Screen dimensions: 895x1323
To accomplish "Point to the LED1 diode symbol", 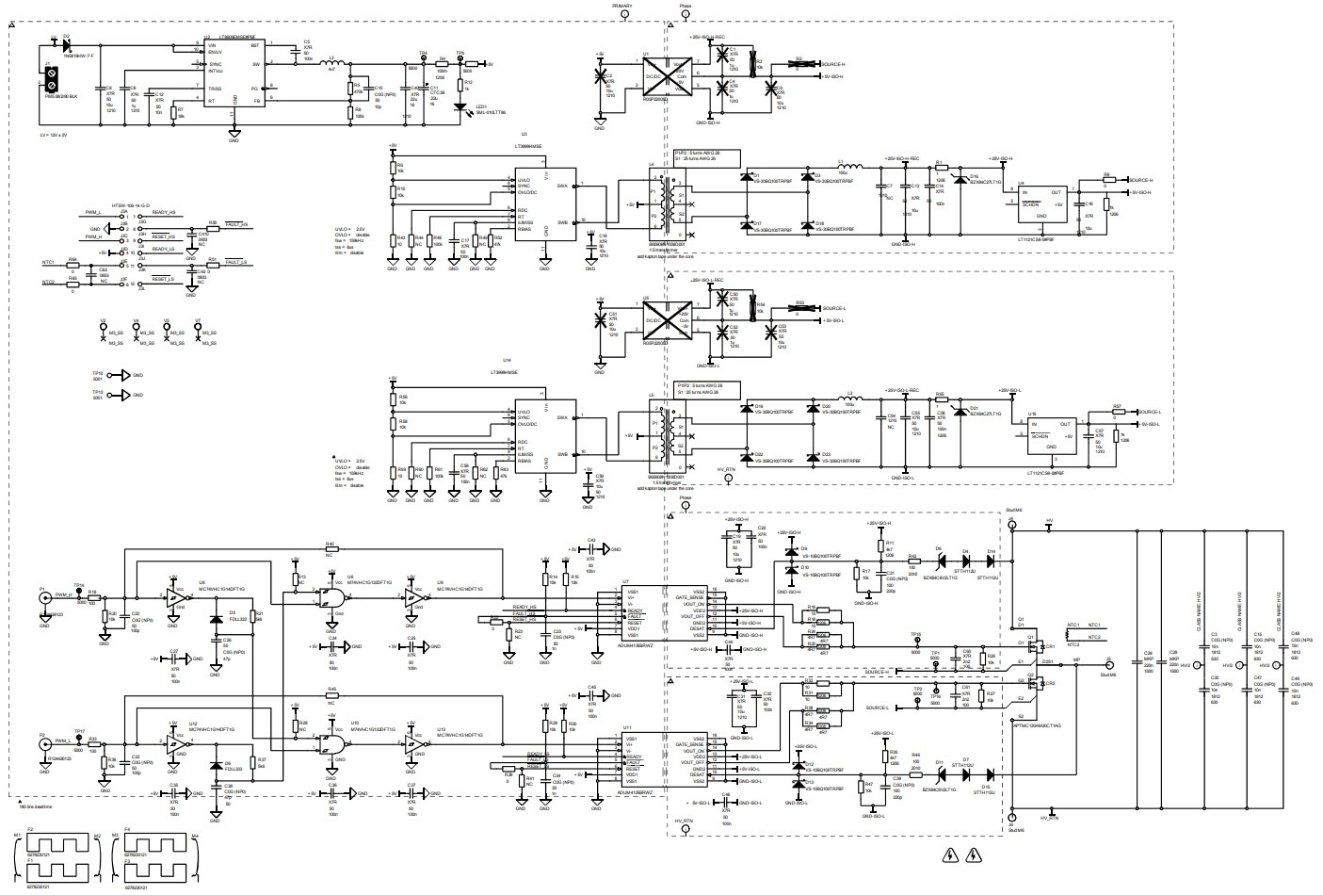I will click(x=460, y=106).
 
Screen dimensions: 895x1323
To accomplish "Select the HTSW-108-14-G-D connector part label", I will click(x=130, y=204).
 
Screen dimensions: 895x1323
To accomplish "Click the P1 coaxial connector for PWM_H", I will click(x=43, y=600).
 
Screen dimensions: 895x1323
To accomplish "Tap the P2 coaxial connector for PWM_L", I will click(x=43, y=744).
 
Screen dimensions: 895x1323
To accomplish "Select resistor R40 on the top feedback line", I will click(x=330, y=550).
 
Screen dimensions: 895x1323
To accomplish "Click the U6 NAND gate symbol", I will click(x=331, y=597).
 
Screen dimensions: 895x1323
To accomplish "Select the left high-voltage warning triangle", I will click(x=950, y=855).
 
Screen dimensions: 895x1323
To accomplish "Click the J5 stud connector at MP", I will click(x=1108, y=665).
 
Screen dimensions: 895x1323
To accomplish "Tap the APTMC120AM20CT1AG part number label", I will click(x=1037, y=725).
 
